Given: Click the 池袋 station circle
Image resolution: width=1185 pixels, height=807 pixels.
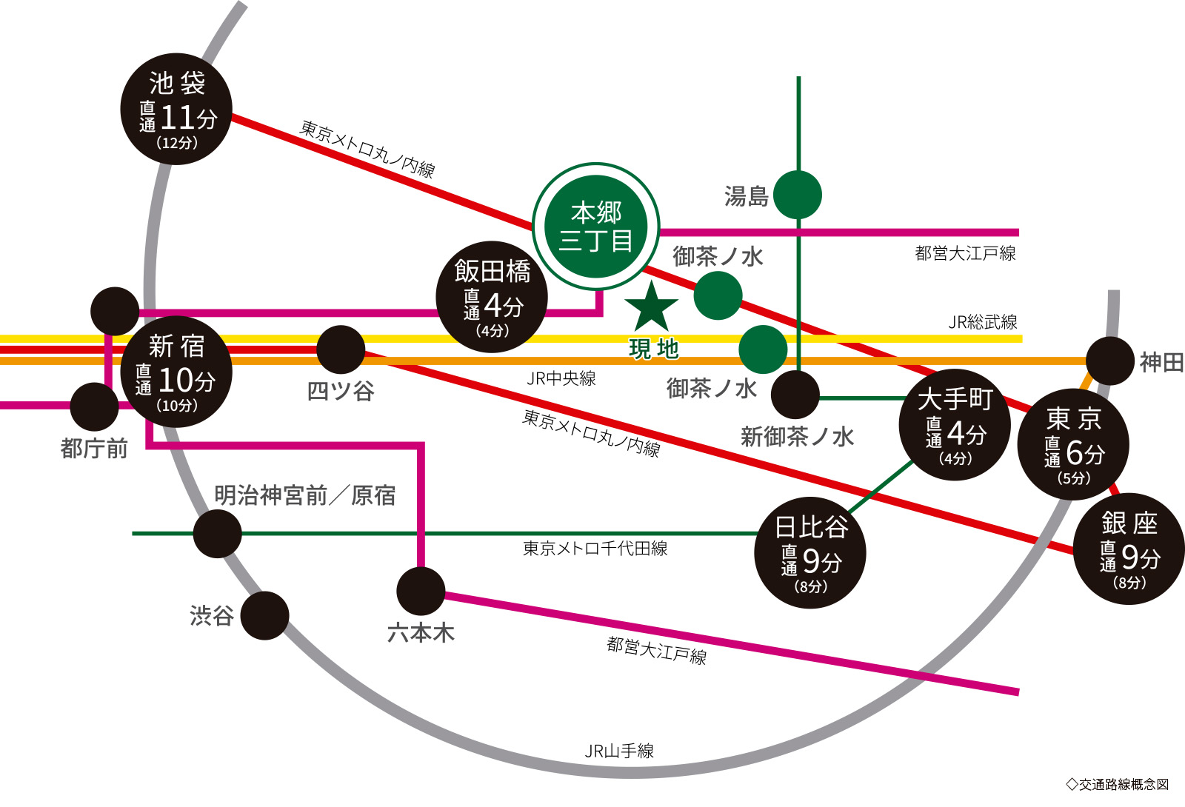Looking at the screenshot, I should pos(176,109).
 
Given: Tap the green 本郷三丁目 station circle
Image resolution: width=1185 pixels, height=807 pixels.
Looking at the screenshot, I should pos(596,227).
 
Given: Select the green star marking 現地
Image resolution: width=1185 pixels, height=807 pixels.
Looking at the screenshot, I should pos(652,308).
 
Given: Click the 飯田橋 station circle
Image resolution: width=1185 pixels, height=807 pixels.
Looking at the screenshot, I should pos(492,296).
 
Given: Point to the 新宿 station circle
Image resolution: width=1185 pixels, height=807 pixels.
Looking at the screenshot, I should pos(176,372).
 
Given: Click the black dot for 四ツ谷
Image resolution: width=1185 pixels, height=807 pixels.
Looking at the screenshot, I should pos(341,349).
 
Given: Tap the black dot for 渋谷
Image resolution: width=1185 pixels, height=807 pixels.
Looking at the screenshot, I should pos(264,615).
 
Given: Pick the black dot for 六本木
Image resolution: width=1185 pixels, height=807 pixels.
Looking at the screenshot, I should pos(421,591).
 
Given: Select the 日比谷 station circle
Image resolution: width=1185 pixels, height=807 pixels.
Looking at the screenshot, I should pos(810,552).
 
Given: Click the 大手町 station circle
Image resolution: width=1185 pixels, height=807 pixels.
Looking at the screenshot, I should pos(955,425).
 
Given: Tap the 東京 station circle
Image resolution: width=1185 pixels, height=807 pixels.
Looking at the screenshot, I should pos(1073,444).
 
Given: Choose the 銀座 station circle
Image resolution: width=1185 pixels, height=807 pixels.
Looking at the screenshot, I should pos(1129,549).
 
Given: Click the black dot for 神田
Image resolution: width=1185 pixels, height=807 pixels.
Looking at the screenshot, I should pos(1110,361).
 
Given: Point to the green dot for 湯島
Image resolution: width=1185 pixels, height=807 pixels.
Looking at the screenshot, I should pos(798,195).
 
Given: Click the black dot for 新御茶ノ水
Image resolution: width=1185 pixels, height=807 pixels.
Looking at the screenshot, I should pos(795,395).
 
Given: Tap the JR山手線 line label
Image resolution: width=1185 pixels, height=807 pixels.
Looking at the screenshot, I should pos(619,751).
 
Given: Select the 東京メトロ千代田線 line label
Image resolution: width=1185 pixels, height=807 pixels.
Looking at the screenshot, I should pos(595,548).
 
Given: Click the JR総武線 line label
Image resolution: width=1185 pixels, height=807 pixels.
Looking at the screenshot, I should pos(983,322).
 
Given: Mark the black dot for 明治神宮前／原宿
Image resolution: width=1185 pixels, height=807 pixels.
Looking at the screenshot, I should pos(217,533).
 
